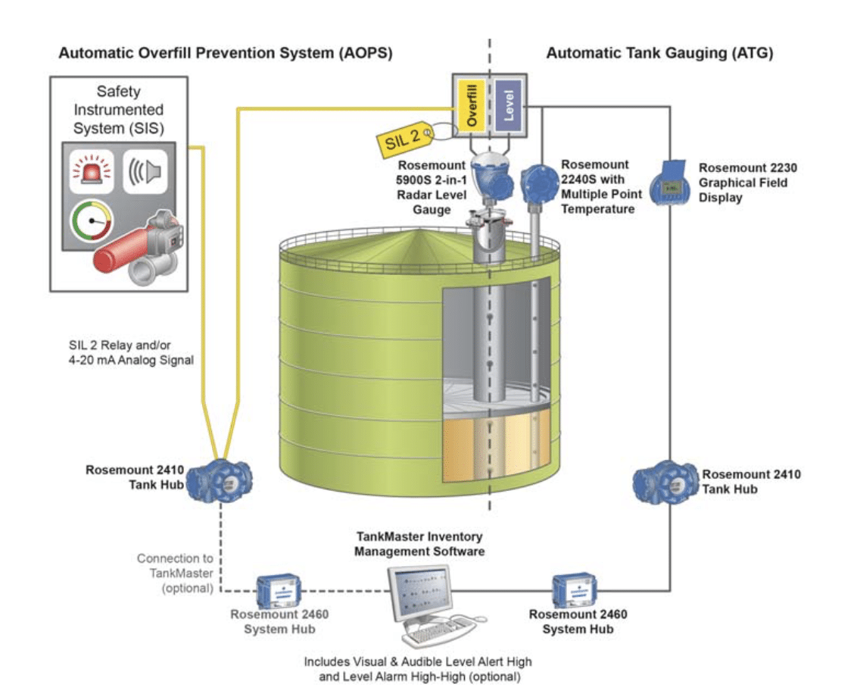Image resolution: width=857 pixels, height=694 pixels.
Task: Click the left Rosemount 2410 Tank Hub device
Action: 219,479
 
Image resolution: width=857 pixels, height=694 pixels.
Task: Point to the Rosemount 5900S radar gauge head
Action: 490,180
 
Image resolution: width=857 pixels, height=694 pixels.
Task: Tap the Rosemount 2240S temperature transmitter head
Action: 539,183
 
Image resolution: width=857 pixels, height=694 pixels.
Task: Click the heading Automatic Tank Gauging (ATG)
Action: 659,53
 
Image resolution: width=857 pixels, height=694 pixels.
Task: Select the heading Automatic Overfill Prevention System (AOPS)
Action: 225,53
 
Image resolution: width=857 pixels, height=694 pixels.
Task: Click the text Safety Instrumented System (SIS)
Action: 119,110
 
